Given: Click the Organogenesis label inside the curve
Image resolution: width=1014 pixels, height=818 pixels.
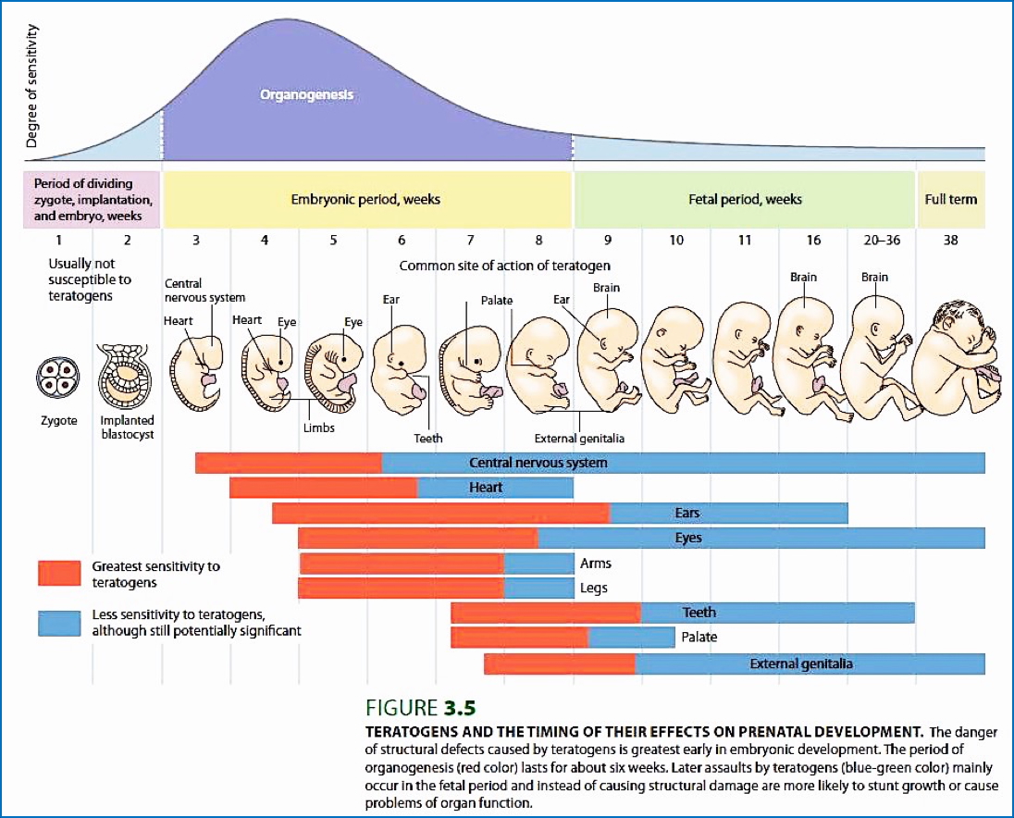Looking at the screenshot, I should click(x=306, y=94).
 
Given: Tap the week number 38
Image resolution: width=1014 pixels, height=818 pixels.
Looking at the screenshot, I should click(x=950, y=240).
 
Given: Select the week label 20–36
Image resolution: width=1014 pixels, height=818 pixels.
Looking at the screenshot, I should click(x=881, y=240).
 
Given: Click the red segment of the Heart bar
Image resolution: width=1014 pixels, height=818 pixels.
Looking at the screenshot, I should click(x=323, y=488).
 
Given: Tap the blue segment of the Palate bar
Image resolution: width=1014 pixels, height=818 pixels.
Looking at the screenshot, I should click(x=631, y=637).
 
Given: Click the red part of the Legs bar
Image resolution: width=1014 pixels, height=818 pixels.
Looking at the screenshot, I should click(x=401, y=588).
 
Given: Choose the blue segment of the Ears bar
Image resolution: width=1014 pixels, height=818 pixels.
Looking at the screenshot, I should click(x=728, y=513).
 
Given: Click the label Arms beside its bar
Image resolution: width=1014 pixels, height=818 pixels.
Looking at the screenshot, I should click(x=595, y=563).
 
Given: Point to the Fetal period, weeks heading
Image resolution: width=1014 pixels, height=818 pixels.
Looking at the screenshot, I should click(x=745, y=199).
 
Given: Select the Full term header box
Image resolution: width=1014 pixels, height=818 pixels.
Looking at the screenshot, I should click(x=950, y=199).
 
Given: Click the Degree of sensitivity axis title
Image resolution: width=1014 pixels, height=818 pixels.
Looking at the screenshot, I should click(x=31, y=86).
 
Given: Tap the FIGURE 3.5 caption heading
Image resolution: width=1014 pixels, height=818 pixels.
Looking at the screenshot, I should click(x=421, y=708).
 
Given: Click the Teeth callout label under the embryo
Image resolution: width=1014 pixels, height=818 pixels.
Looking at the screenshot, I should click(x=427, y=438).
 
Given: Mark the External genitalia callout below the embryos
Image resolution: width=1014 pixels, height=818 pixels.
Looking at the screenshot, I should click(x=579, y=438).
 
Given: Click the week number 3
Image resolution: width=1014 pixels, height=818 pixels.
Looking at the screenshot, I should click(x=195, y=240).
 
